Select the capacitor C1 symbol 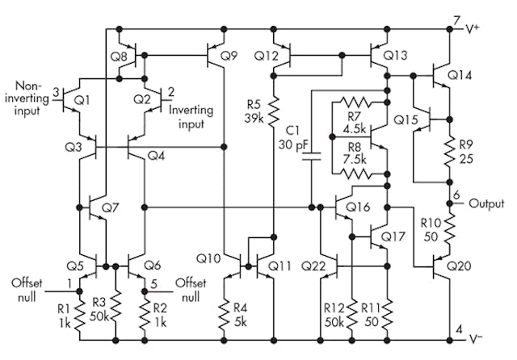310,160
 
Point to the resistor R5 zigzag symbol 274,107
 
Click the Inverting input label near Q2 191,119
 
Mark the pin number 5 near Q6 155,283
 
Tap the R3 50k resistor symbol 116,307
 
